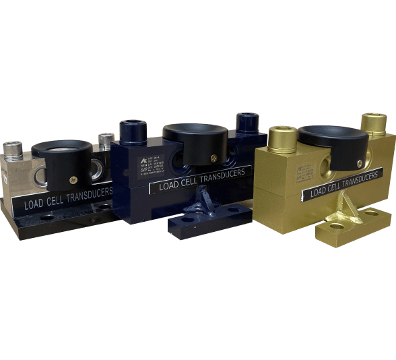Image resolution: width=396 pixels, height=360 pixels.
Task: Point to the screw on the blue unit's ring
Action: (x=213, y=158)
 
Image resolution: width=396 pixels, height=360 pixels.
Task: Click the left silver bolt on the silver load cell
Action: (x=13, y=150)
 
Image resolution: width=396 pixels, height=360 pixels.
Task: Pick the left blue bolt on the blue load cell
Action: (x=133, y=131)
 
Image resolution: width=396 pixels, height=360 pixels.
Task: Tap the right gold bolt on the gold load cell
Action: (x=372, y=125)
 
